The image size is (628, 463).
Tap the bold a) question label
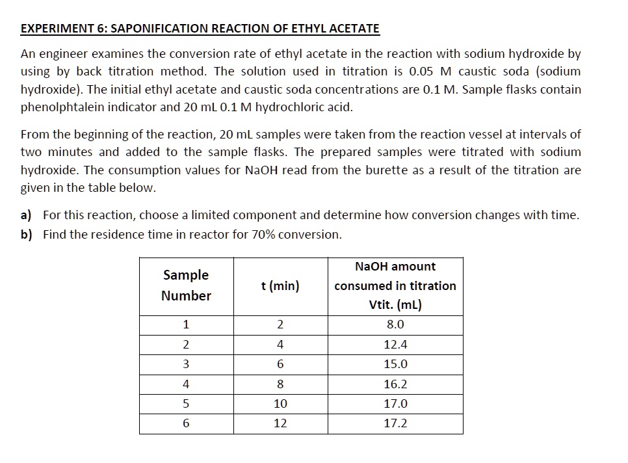pyautogui.click(x=27, y=215)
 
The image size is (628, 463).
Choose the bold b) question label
pyautogui.click(x=27, y=235)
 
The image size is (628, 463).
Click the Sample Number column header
pyautogui.click(x=186, y=285)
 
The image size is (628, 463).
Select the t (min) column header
pyautogui.click(x=280, y=286)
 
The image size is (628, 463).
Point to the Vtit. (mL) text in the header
pyautogui.click(x=395, y=305)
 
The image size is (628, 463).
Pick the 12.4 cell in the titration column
pyautogui.click(x=395, y=345)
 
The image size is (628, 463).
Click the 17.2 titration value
pyautogui.click(x=395, y=423)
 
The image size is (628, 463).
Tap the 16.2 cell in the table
pyautogui.click(x=395, y=384)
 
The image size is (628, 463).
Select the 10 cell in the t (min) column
pyautogui.click(x=280, y=404)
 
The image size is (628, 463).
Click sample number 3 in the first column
pyautogui.click(x=186, y=365)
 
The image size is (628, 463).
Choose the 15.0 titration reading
pyautogui.click(x=395, y=365)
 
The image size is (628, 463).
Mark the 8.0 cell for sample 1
pyautogui.click(x=395, y=325)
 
